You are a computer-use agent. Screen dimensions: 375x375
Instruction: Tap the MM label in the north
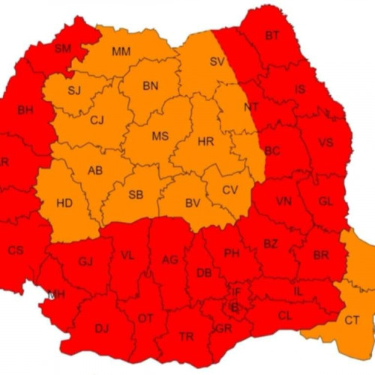point(121,52)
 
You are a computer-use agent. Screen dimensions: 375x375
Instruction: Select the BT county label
point(271,35)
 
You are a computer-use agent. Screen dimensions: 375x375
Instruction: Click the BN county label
point(150,85)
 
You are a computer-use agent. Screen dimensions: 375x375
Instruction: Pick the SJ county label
point(73,91)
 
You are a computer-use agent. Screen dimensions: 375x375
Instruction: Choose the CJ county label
point(97,120)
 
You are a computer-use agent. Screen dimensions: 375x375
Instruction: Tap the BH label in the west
point(25,110)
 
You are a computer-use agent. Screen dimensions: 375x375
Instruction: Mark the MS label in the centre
point(160,136)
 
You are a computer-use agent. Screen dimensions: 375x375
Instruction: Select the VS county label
point(325,143)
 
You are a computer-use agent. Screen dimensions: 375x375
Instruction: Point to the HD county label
point(64,203)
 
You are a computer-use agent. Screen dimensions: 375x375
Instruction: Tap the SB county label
point(136,195)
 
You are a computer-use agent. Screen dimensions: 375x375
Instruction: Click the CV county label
point(229,190)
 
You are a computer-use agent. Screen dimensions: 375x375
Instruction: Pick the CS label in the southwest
point(16,250)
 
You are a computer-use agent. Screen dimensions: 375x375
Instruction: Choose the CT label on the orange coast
point(352,321)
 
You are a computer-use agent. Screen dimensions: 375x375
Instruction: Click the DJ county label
point(101,327)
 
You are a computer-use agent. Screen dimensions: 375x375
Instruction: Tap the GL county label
point(325,202)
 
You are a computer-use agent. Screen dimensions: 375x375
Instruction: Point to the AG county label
point(170,259)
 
